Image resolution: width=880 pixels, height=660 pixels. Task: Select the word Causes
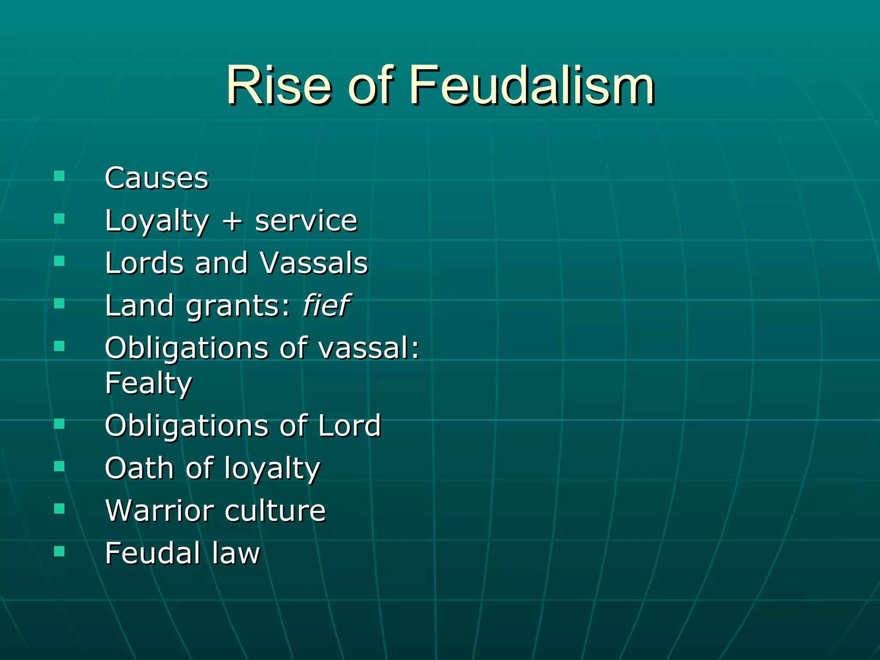pos(156,178)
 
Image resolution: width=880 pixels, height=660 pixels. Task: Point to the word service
pos(306,221)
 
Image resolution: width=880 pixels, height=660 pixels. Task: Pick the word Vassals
pos(314,263)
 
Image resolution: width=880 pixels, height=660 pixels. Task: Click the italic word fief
pos(327,305)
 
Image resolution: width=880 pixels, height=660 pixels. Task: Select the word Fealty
pos(149,383)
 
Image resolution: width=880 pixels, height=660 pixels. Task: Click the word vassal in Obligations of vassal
pos(364,348)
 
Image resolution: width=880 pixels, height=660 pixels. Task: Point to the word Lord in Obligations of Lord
pos(349,425)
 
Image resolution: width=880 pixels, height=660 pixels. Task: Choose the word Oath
pos(139,468)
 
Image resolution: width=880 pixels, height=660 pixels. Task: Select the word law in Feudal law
pos(236,553)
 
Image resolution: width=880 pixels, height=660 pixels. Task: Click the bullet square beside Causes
pos(59,176)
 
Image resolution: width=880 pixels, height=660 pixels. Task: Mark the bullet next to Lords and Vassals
pos(59,261)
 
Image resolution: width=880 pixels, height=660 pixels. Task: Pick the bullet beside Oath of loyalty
pos(59,466)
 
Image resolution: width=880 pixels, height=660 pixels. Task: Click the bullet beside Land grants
pos(59,303)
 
